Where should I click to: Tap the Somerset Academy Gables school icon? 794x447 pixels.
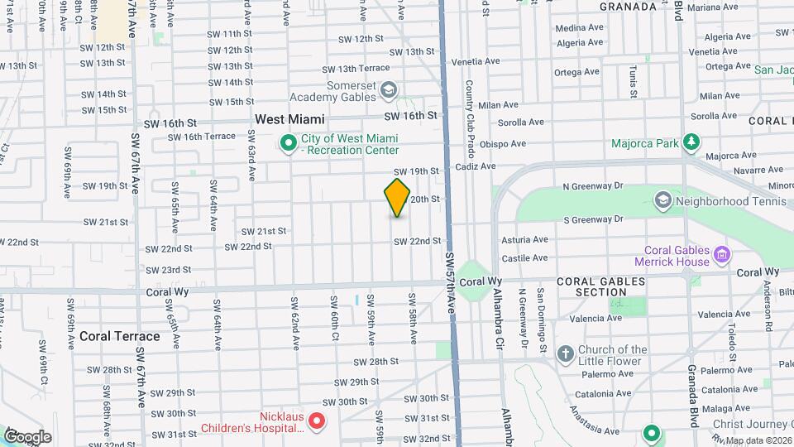pos(389,89)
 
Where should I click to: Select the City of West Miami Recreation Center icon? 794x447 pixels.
pos(289,144)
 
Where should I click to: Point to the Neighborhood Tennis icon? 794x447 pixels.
pos(662,200)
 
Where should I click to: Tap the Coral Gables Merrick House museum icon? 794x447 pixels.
pos(722,254)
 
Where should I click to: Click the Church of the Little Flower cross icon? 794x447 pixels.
pos(566,355)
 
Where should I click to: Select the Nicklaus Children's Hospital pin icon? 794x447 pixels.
pos(318,422)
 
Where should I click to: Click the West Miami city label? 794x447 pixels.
pos(289,119)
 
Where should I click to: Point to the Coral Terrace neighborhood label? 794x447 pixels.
pos(120,336)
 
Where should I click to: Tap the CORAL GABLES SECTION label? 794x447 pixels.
pos(600,286)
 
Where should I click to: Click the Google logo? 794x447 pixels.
pos(27,436)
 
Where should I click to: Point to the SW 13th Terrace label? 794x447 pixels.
pos(356,69)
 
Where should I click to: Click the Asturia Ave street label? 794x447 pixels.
pos(524,239)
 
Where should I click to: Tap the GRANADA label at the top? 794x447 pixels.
pos(629,6)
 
